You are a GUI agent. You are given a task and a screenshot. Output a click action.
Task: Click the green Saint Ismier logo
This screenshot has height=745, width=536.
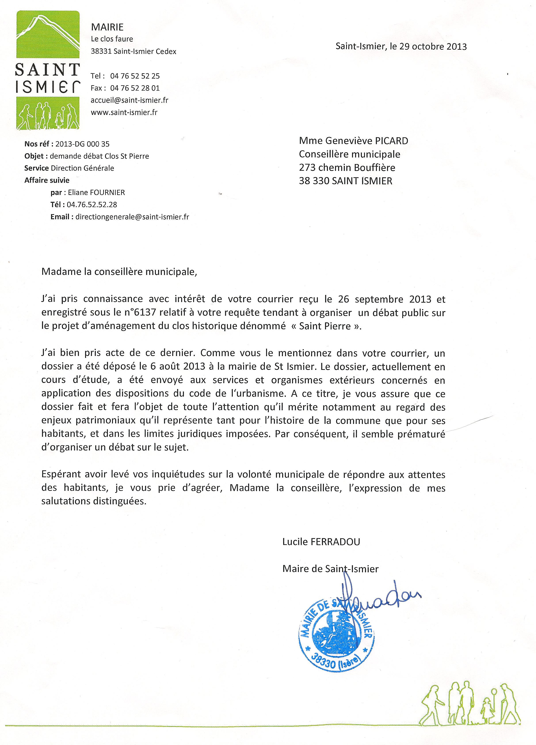pyautogui.click(x=48, y=70)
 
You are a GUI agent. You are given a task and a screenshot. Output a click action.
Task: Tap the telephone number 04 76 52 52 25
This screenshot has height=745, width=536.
pyautogui.click(x=135, y=76)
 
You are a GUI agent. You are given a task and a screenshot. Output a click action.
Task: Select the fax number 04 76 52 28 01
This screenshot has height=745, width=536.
pyautogui.click(x=135, y=88)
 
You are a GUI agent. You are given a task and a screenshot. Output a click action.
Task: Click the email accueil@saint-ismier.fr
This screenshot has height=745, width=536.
pyautogui.click(x=130, y=100)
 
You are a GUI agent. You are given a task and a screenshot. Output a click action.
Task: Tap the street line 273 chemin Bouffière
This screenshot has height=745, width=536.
pyautogui.click(x=347, y=168)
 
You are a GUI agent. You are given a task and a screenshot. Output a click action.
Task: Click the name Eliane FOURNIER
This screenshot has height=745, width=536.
pyautogui.click(x=96, y=193)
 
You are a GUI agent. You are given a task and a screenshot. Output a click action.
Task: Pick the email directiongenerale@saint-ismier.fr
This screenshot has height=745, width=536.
pyautogui.click(x=132, y=217)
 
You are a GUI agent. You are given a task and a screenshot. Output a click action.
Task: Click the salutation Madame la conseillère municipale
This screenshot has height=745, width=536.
pyautogui.click(x=119, y=272)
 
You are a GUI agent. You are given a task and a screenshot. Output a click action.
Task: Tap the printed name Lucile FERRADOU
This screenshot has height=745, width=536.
pyautogui.click(x=321, y=542)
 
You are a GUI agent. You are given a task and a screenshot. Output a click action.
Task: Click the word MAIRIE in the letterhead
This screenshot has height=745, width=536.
pyautogui.click(x=107, y=27)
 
